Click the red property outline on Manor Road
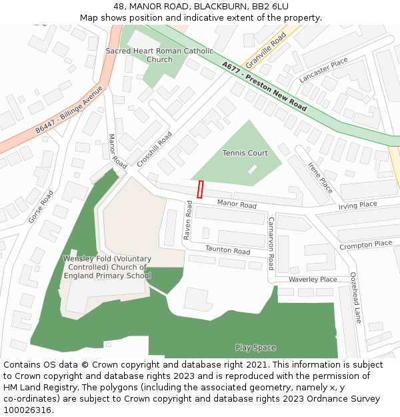tap(200, 189)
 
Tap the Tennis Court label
tap(245, 153)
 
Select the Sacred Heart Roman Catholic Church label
tap(159, 55)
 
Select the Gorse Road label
tap(41, 207)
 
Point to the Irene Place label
tap(320, 177)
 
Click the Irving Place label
tap(357, 205)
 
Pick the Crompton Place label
tap(365, 245)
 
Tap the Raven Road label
tap(188, 222)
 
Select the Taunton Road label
tap(228, 251)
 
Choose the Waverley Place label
tap(313, 280)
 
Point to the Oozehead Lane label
tap(355, 298)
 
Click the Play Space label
tap(255, 348)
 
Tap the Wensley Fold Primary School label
tap(107, 267)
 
